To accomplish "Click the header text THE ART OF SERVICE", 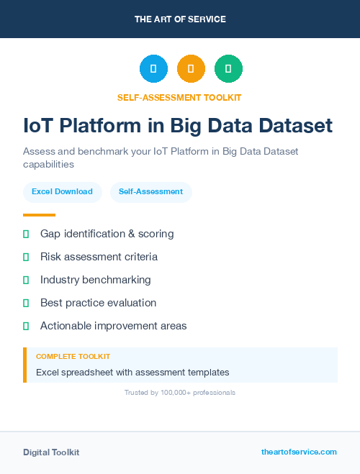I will tap(180, 19).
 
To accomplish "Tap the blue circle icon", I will tap(153, 69).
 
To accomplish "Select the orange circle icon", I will tap(191, 69).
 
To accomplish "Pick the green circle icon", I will tap(229, 69).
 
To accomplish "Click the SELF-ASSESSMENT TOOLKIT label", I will tap(179, 97).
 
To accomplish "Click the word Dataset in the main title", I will tap(291, 126).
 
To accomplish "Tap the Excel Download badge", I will tap(62, 192).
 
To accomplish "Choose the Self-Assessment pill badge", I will tap(150, 192).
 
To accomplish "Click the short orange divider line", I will tap(39, 215).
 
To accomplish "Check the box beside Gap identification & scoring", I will tap(26, 234).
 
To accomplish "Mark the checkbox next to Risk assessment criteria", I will tap(26, 257).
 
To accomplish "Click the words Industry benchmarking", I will tap(95, 280).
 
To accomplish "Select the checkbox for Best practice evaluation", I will tap(26, 303).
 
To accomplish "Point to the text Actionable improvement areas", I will tap(113, 326).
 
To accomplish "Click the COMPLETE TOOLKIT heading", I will tap(73, 357).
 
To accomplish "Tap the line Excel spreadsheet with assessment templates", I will tap(132, 373).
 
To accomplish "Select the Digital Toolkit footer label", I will tap(51, 452).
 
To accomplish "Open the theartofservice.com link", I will tap(299, 452).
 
